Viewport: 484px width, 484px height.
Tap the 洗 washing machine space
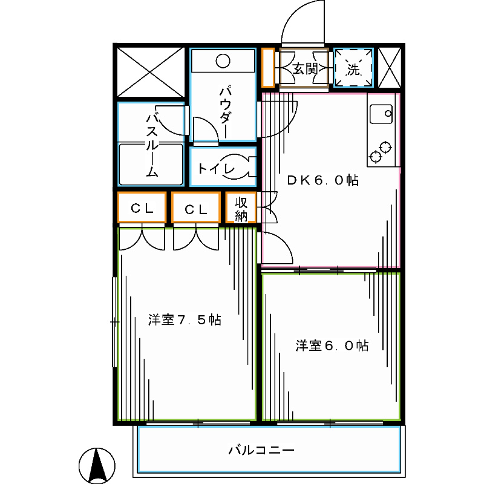coord(353,69)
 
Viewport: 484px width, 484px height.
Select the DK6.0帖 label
coord(322,180)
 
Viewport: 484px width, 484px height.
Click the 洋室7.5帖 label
coord(185,319)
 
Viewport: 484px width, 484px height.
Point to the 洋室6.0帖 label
coord(332,345)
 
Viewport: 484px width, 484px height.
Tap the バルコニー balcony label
coord(261,451)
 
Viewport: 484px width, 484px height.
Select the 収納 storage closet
coord(241,208)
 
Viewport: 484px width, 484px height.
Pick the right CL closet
coord(195,209)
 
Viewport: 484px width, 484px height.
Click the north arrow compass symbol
coord(97,466)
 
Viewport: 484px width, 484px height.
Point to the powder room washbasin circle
coord(223,60)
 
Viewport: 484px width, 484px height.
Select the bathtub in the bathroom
coord(151,163)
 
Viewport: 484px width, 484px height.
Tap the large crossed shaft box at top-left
coord(150,72)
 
